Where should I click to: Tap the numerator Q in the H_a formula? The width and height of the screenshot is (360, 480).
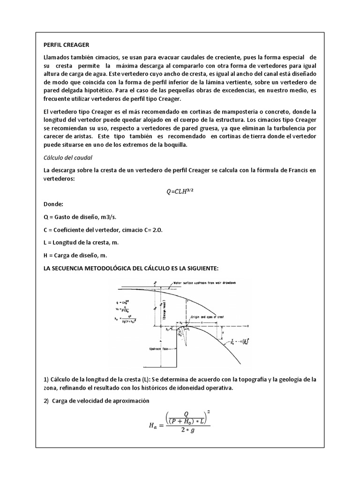[x=186, y=413]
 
